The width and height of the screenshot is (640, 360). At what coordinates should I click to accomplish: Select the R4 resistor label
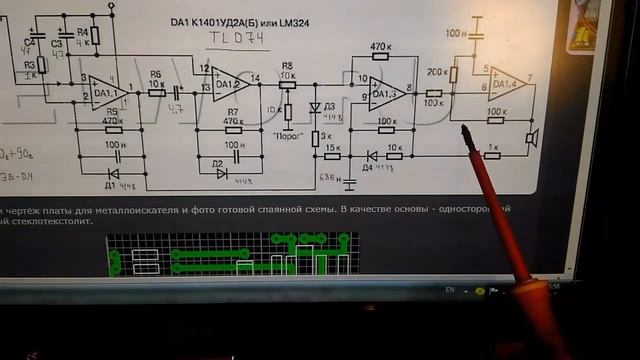pyautogui.click(x=82, y=30)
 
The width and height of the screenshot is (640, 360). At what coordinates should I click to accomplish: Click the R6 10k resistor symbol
pyautogui.click(x=157, y=92)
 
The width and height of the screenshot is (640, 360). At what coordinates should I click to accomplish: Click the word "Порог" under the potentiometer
pyautogui.click(x=288, y=131)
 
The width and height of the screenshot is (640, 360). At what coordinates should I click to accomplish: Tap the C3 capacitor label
pyautogui.click(x=56, y=45)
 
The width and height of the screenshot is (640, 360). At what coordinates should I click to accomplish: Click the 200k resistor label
pyautogui.click(x=437, y=72)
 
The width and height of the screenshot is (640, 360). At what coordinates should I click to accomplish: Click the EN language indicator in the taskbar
pyautogui.click(x=450, y=289)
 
